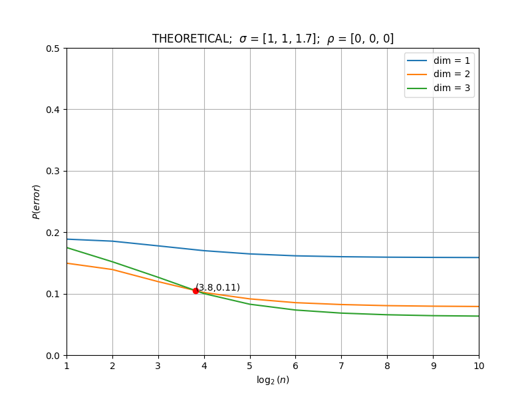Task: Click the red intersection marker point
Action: pos(196,291)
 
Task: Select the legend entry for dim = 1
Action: pos(438,61)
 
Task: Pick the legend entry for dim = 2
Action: pos(438,74)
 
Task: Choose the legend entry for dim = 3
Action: pos(438,88)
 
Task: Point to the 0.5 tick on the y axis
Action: pos(53,49)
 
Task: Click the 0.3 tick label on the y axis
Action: pos(53,171)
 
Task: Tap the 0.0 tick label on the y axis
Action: pos(53,356)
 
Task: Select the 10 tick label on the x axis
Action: pos(479,366)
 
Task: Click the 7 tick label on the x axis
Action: pos(341,366)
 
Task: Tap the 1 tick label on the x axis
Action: pos(67,366)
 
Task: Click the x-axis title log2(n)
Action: pos(273,380)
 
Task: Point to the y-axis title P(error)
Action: pos(36,202)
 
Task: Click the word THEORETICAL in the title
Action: pos(191,39)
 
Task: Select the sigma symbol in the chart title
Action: pos(243,39)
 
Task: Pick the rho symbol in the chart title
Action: pos(331,40)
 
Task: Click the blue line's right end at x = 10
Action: pos(479,257)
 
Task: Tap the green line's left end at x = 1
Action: pos(67,247)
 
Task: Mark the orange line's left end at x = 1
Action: pos(67,263)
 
